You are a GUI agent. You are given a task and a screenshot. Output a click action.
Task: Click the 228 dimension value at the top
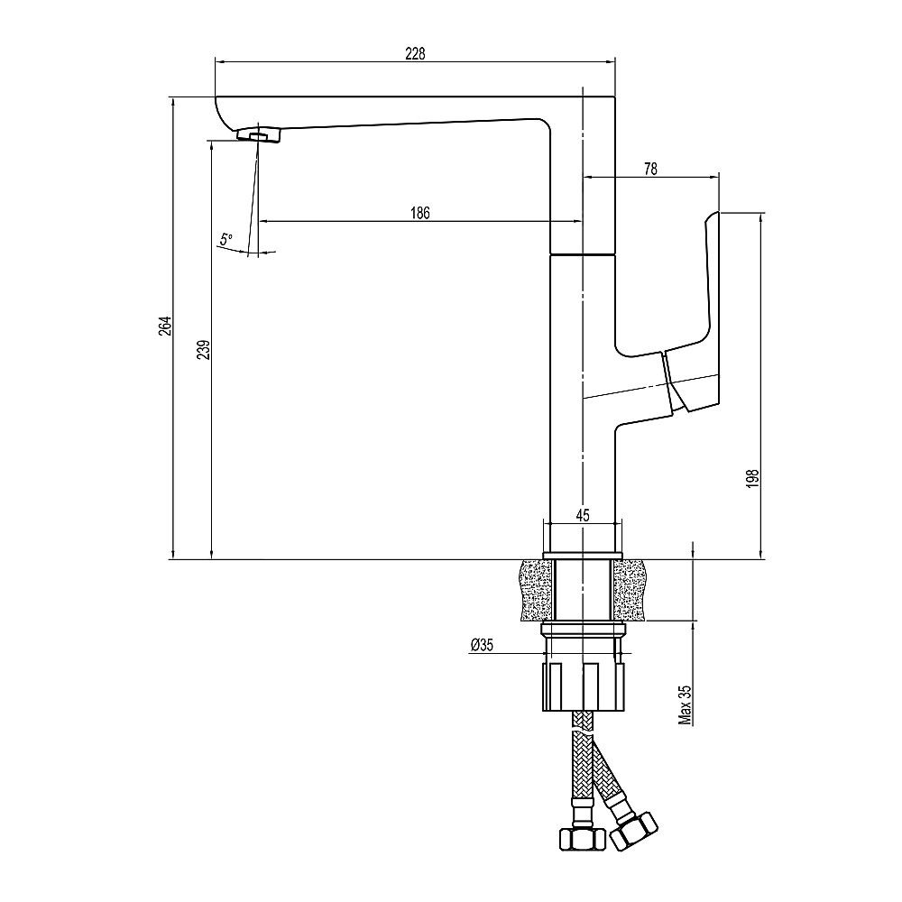(414, 53)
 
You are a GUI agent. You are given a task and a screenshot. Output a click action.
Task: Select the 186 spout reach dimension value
(420, 213)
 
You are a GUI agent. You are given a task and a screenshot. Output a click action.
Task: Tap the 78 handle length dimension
(650, 168)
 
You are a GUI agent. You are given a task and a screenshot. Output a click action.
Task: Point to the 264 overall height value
(164, 327)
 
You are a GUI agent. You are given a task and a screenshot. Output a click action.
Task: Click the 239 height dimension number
(203, 350)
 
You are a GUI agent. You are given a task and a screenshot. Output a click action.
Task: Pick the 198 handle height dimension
(754, 477)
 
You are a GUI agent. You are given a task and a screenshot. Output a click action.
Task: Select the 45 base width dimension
(582, 515)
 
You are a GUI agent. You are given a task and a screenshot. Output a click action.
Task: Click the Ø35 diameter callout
(482, 644)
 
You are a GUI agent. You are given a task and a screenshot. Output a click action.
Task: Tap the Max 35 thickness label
(686, 704)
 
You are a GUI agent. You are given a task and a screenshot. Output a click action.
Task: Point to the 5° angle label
(225, 239)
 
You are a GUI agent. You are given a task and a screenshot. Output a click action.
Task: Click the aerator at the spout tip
(259, 134)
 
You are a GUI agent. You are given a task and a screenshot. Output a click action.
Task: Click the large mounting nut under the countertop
(583, 686)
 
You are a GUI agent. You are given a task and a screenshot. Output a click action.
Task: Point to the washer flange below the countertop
(583, 629)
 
